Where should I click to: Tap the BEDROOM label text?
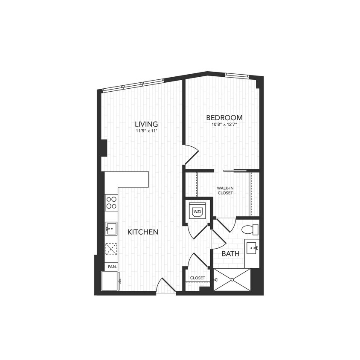coord(224,117)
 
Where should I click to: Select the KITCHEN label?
coord(143,232)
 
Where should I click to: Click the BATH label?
coord(230,253)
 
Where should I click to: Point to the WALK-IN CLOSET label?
coord(225,190)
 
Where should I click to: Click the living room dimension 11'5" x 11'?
coord(146,132)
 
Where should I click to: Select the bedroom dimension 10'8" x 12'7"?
coord(224,125)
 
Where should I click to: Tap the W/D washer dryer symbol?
coord(197,211)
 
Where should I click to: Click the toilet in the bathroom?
coord(249,230)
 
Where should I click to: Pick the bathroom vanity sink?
coord(252,247)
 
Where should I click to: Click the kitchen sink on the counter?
coord(111,229)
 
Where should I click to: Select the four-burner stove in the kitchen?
coord(111,202)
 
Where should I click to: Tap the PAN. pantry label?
coord(112,267)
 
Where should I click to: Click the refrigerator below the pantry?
coord(110,281)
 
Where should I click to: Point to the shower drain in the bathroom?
coord(232,280)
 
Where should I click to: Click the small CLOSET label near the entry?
coord(197,278)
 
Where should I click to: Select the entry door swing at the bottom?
coord(165,286)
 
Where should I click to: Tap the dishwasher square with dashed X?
coord(111,248)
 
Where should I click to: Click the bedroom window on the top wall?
coord(237,75)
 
